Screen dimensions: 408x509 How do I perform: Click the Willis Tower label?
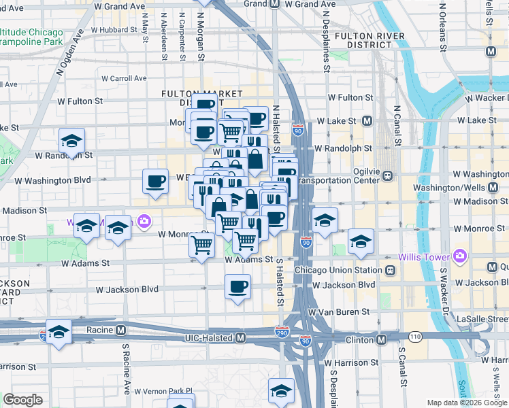[423, 256]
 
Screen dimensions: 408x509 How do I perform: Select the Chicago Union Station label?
[339, 270]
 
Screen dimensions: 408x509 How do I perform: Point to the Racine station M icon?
[120, 330]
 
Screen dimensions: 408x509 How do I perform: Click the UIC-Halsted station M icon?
[240, 338]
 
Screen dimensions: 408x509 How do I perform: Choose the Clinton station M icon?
[381, 339]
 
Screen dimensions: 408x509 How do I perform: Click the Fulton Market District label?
[201, 97]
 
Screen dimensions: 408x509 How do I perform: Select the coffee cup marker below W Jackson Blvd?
[237, 286]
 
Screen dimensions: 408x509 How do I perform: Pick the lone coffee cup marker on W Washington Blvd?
[155, 181]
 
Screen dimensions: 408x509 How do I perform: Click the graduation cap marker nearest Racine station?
[59, 331]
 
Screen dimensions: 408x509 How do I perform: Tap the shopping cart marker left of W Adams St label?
[202, 245]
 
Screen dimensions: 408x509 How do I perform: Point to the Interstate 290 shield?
[282, 332]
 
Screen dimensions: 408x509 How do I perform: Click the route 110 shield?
[415, 337]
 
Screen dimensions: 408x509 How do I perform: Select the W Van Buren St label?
[338, 312]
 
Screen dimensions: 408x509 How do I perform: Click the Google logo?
[23, 400]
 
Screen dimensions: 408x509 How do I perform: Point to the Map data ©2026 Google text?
[466, 403]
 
